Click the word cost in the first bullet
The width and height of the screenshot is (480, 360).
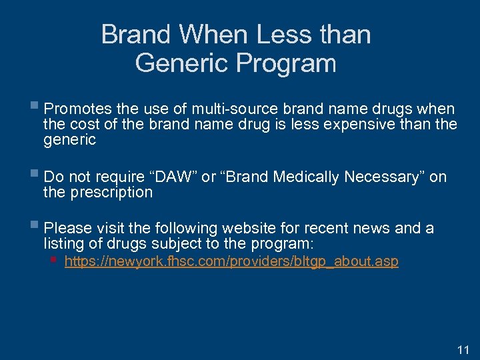pos(84,124)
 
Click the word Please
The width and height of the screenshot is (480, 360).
pos(66,229)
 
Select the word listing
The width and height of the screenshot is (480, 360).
pos(65,244)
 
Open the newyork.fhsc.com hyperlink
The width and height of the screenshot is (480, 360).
pos(231,261)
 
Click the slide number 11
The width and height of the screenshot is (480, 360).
pos(464,349)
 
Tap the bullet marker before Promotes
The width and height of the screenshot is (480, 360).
pos(35,107)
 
